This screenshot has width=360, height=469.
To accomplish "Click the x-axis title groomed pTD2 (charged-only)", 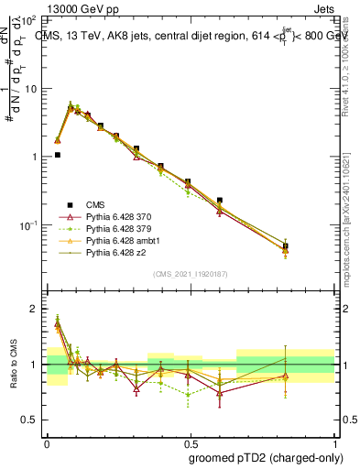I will [265, 457].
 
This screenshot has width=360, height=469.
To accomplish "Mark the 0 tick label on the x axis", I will [47, 442].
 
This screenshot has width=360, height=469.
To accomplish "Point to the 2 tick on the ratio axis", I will [35, 310].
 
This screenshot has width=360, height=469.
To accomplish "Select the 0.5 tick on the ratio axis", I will [29, 420].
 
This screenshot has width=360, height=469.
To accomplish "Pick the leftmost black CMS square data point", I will [58, 155].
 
